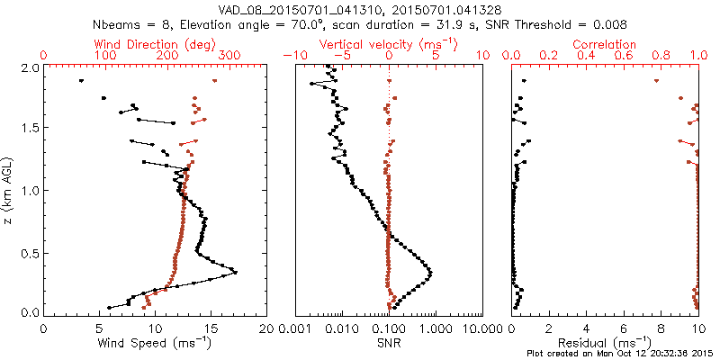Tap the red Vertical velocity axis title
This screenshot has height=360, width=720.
pos(389,44)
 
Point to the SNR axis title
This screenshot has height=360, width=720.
pos(389,343)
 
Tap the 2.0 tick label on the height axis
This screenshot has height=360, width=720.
pos(30,67)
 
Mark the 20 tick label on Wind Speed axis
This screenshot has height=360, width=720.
pos(266,329)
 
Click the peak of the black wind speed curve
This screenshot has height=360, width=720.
pos(236,272)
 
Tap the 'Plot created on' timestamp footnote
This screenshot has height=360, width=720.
pos(621,354)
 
